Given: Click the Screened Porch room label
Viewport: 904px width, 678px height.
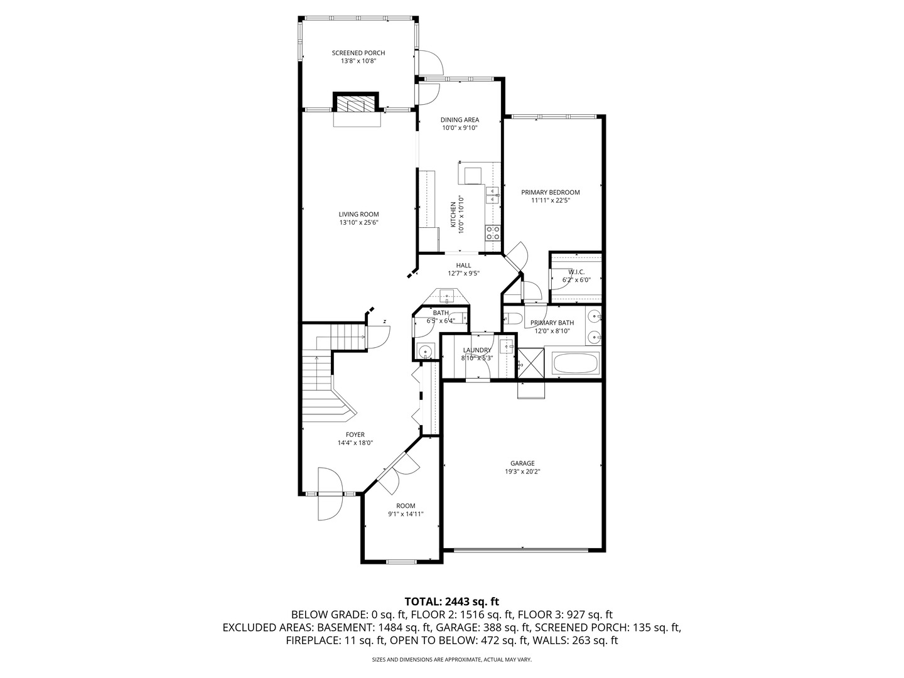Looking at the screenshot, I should pos(358,53).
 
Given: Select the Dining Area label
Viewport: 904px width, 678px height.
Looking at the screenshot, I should pos(460,120).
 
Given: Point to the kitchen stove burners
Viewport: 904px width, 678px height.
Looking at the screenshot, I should pos(493,234).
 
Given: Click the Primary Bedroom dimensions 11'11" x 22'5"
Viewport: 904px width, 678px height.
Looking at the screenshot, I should pos(550,201).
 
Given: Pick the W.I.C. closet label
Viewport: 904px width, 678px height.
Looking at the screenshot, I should pos(576,272).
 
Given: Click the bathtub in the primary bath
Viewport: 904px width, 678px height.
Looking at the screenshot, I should pos(575,363).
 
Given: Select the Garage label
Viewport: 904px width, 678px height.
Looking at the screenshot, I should pos(522,463).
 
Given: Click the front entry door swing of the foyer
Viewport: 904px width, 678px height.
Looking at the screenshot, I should pos(330,495).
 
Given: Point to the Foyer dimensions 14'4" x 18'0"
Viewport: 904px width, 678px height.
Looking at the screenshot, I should pos(355,443).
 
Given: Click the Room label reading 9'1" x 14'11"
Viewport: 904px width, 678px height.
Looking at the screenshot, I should pos(406,514).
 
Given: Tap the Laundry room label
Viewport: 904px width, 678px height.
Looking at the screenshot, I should pos(477,350).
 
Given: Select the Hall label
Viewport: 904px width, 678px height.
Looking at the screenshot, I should pos(463,266).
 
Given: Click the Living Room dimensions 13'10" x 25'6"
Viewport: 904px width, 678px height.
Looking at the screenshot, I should pos(358,222).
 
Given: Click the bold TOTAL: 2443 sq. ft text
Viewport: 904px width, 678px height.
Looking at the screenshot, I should pos(452,601).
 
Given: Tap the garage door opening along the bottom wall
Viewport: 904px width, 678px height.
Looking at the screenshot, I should pos(520,550).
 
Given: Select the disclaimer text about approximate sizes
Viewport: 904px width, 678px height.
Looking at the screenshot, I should pos(452,660).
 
